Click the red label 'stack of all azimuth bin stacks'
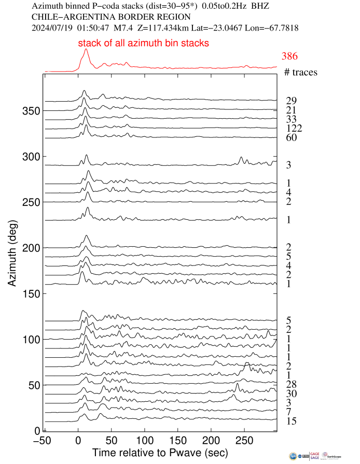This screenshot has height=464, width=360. [144, 44]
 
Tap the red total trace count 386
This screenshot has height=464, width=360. [289, 57]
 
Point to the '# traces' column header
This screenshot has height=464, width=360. [301, 73]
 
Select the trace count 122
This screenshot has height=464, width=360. [293, 129]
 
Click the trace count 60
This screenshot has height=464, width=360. [291, 138]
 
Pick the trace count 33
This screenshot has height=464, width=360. [291, 120]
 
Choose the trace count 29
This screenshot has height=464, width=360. [291, 101]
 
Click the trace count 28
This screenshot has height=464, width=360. [291, 384]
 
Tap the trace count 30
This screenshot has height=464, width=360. [291, 393]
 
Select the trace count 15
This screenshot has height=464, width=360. [291, 421]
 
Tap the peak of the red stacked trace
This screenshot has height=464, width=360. [86, 49]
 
